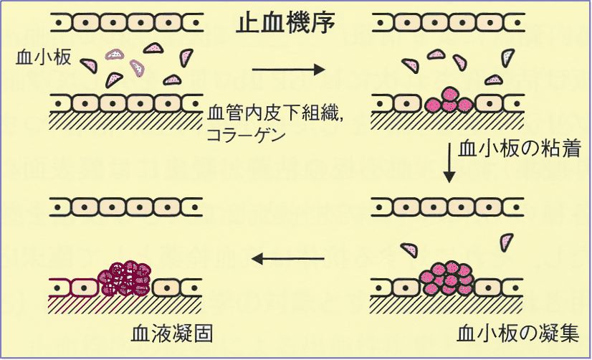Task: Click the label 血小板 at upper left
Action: click(x=43, y=57)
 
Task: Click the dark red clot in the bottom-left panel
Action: click(x=125, y=276)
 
